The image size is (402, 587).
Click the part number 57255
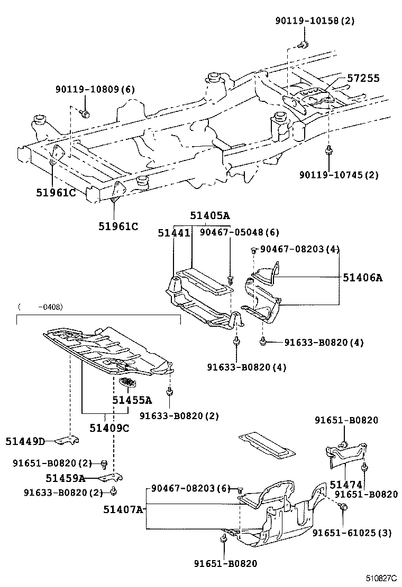pos(363,78)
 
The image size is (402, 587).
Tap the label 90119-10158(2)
pos(315,21)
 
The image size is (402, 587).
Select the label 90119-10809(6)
pos(95,90)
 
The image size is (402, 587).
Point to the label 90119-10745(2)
pos(339,175)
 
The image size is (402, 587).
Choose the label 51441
pos(173,232)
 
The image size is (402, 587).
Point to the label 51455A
pos(132,400)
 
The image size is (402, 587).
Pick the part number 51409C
pos(109,427)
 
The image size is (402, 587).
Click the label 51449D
pos(25,441)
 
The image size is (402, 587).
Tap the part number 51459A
pos(65,478)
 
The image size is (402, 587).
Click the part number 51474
pos(346,484)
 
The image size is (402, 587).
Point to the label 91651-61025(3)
pos(352,533)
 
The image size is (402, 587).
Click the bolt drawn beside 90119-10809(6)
pos(86,113)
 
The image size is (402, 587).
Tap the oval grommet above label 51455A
pos(128,382)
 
